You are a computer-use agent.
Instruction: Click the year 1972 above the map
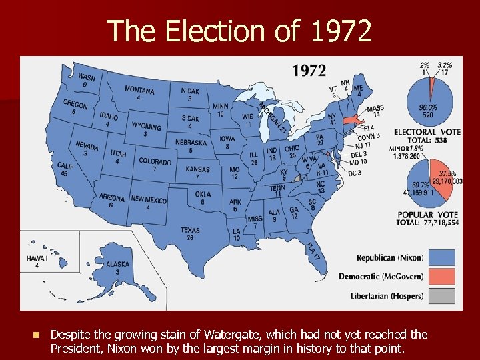[x=309, y=70]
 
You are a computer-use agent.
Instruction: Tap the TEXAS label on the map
[x=190, y=231]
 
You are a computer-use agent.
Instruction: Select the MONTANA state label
[x=139, y=90]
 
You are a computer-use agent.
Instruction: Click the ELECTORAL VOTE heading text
[x=427, y=132]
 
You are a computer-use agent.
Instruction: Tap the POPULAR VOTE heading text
[x=427, y=215]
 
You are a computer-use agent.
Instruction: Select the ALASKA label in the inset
[x=118, y=263]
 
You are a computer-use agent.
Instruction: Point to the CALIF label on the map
[x=65, y=165]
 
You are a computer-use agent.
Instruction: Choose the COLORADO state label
[x=155, y=161]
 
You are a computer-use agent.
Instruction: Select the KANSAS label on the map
[x=197, y=169]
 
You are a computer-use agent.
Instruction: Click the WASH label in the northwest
[x=86, y=77]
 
